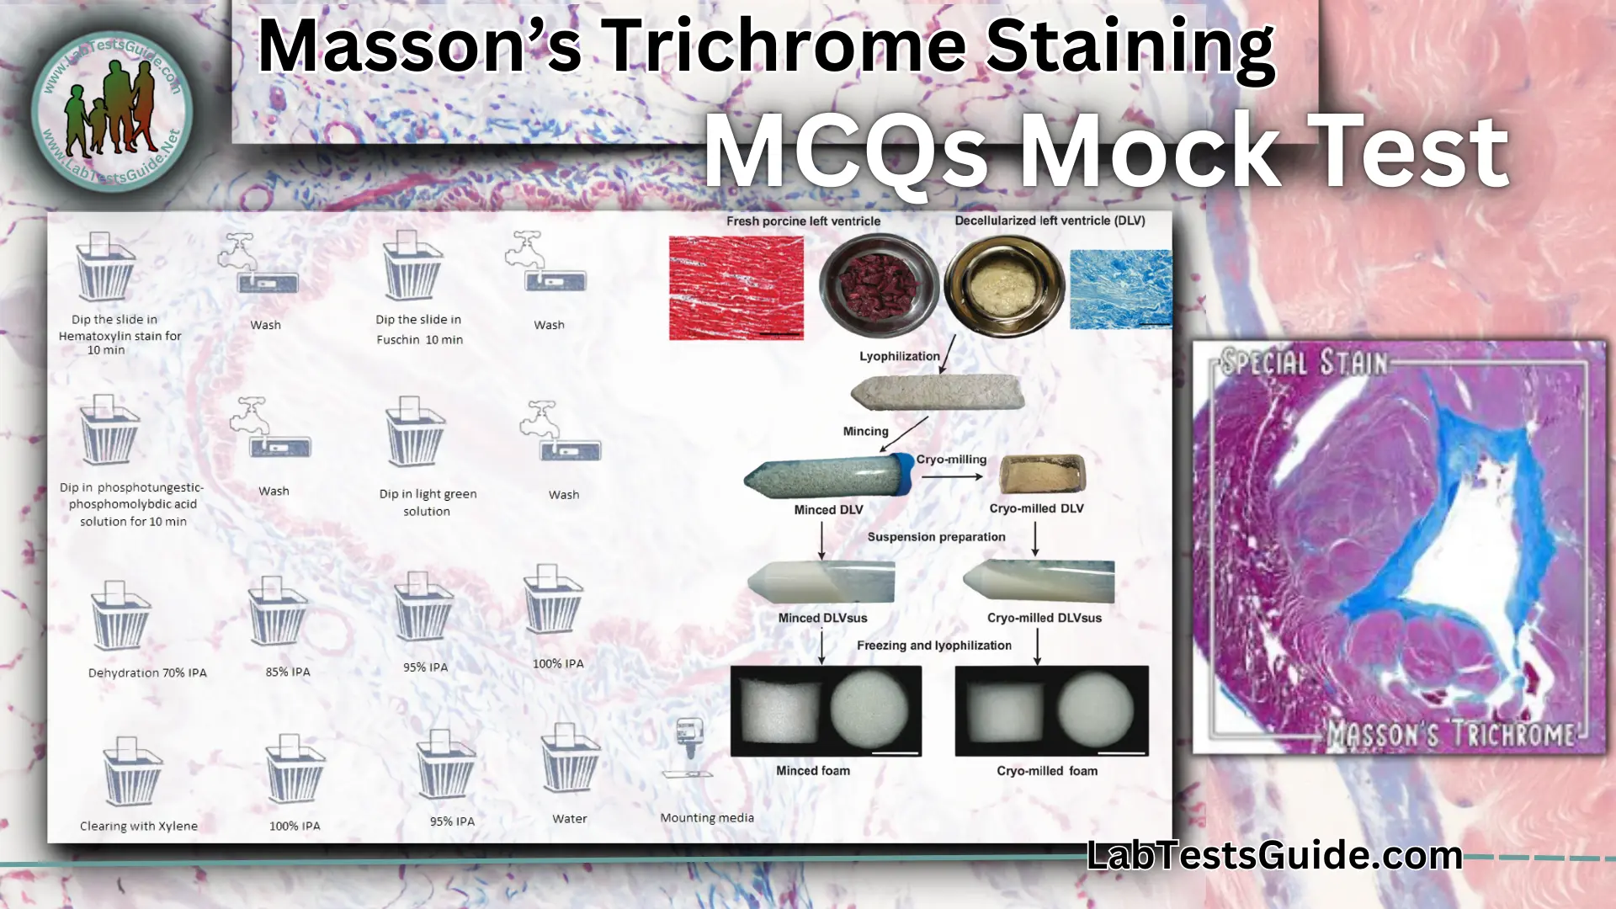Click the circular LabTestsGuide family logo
pyautogui.click(x=112, y=109)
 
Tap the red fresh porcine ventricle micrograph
pyautogui.click(x=736, y=288)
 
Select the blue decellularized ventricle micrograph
pyautogui.click(x=1119, y=289)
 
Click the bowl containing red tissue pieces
pyautogui.click(x=879, y=284)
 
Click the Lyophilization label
pyautogui.click(x=899, y=356)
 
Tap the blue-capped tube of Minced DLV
pyautogui.click(x=829, y=477)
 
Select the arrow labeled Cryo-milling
pyautogui.click(x=951, y=476)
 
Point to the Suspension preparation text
pyautogui.click(x=936, y=537)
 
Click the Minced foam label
pyautogui.click(x=812, y=770)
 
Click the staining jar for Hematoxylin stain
pyautogui.click(x=105, y=268)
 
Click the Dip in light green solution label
pyautogui.click(x=428, y=502)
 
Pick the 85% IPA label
pyautogui.click(x=288, y=672)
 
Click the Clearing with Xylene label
pyautogui.click(x=139, y=826)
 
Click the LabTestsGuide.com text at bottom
pyautogui.click(x=1274, y=856)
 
